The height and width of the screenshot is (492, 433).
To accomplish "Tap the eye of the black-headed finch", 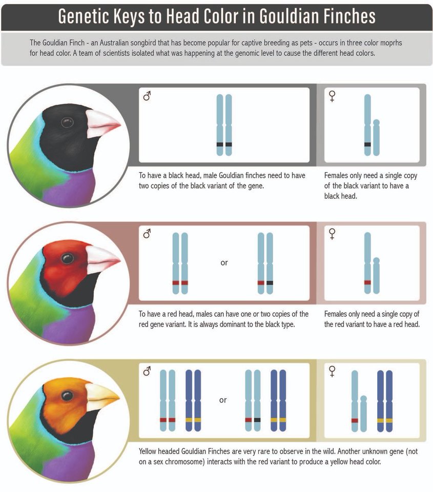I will point(67,122).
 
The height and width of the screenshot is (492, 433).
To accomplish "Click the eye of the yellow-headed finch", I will point(67,395).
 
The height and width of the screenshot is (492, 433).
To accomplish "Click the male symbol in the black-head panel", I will point(147,96).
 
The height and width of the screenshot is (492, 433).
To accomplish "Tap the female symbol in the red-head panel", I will point(332,235).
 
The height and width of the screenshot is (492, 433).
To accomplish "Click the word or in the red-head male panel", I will point(224,263).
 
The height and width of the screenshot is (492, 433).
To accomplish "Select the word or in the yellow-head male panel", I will point(223,400).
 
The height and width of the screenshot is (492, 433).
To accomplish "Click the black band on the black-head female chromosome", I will point(367,145).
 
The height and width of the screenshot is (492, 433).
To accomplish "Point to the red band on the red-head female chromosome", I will point(367,282).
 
